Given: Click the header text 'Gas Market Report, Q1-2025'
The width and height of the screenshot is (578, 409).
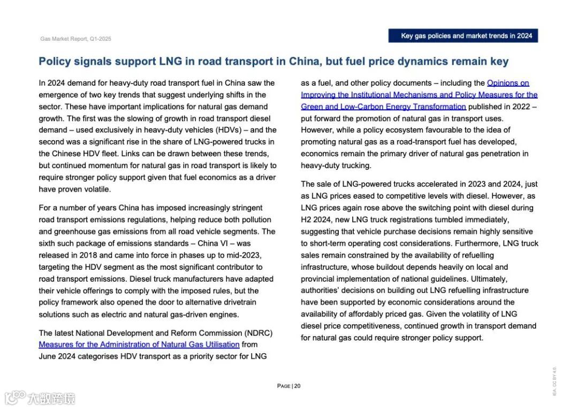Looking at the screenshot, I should point(75,39).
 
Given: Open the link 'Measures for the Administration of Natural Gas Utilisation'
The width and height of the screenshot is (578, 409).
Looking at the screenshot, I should point(139,344).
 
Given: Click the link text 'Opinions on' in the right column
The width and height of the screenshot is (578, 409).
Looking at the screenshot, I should point(508,83).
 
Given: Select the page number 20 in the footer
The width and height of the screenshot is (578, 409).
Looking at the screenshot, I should point(298,386).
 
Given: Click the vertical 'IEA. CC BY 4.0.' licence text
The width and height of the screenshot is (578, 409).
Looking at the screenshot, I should point(554,381).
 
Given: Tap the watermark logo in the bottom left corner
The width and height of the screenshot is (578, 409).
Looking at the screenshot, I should point(40,398).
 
